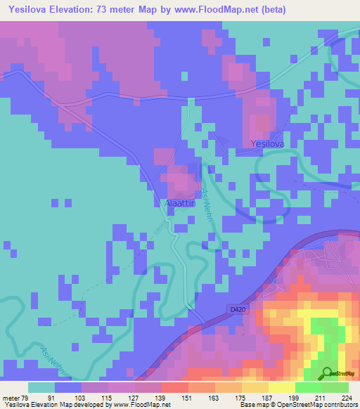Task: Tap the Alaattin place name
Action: pyautogui.click(x=174, y=203)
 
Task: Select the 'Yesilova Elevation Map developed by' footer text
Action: pyautogui.click(x=51, y=405)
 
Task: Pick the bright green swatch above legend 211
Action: pyautogui.click(x=308, y=387)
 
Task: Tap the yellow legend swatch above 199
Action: pyautogui.click(x=281, y=387)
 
